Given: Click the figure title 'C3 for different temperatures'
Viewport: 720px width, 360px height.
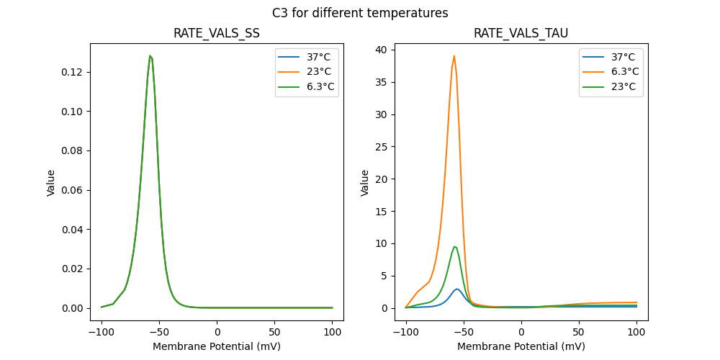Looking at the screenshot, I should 360,13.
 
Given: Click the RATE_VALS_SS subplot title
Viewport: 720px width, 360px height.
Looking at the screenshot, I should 217,33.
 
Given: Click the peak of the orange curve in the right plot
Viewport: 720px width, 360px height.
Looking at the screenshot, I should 454,55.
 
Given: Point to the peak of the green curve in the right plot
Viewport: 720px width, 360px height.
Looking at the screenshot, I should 454,246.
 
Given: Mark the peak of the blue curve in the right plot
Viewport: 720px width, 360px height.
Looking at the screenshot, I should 456,289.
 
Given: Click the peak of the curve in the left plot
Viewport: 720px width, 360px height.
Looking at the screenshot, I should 150,55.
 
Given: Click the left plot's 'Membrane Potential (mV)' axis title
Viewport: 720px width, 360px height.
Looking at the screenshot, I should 217,346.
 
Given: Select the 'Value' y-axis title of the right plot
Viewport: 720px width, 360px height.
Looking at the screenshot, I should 365,183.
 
